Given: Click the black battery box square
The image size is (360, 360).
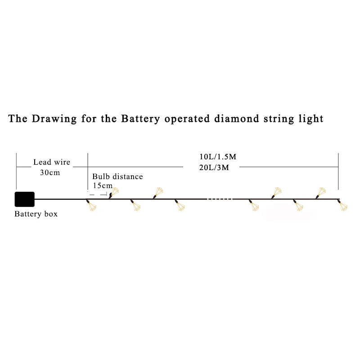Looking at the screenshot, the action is point(25,199).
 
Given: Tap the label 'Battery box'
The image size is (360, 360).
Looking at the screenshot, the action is point(36,214).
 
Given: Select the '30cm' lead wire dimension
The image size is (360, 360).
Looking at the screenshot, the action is point(50,172).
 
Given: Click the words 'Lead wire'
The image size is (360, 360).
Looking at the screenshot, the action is point(52,162).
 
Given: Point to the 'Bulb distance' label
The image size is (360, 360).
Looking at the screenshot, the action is point(117,176).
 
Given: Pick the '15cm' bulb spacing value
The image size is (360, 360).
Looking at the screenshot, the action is point(103,185).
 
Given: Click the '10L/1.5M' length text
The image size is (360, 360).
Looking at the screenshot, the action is point(218,157).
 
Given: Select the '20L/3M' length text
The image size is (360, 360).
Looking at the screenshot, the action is point(214,167).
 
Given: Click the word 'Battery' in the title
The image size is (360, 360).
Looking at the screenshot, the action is point(140,119).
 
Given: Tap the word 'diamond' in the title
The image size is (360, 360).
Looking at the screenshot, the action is point(237,119).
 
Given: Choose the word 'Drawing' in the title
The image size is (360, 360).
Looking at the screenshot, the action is point(54,119).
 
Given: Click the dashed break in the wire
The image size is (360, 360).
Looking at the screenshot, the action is point(220,199).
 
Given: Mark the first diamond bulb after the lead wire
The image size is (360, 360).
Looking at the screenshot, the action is point(92,205).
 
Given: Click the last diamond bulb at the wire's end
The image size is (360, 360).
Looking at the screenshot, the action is point(343,205).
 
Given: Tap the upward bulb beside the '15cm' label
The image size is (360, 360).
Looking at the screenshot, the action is point(114,193).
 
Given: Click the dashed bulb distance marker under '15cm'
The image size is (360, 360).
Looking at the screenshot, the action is point(97,194).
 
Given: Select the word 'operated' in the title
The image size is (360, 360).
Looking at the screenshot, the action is point(187,119).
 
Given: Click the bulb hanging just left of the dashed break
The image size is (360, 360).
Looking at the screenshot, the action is point(180,205).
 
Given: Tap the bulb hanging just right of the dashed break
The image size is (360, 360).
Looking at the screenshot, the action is point(254,205).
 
